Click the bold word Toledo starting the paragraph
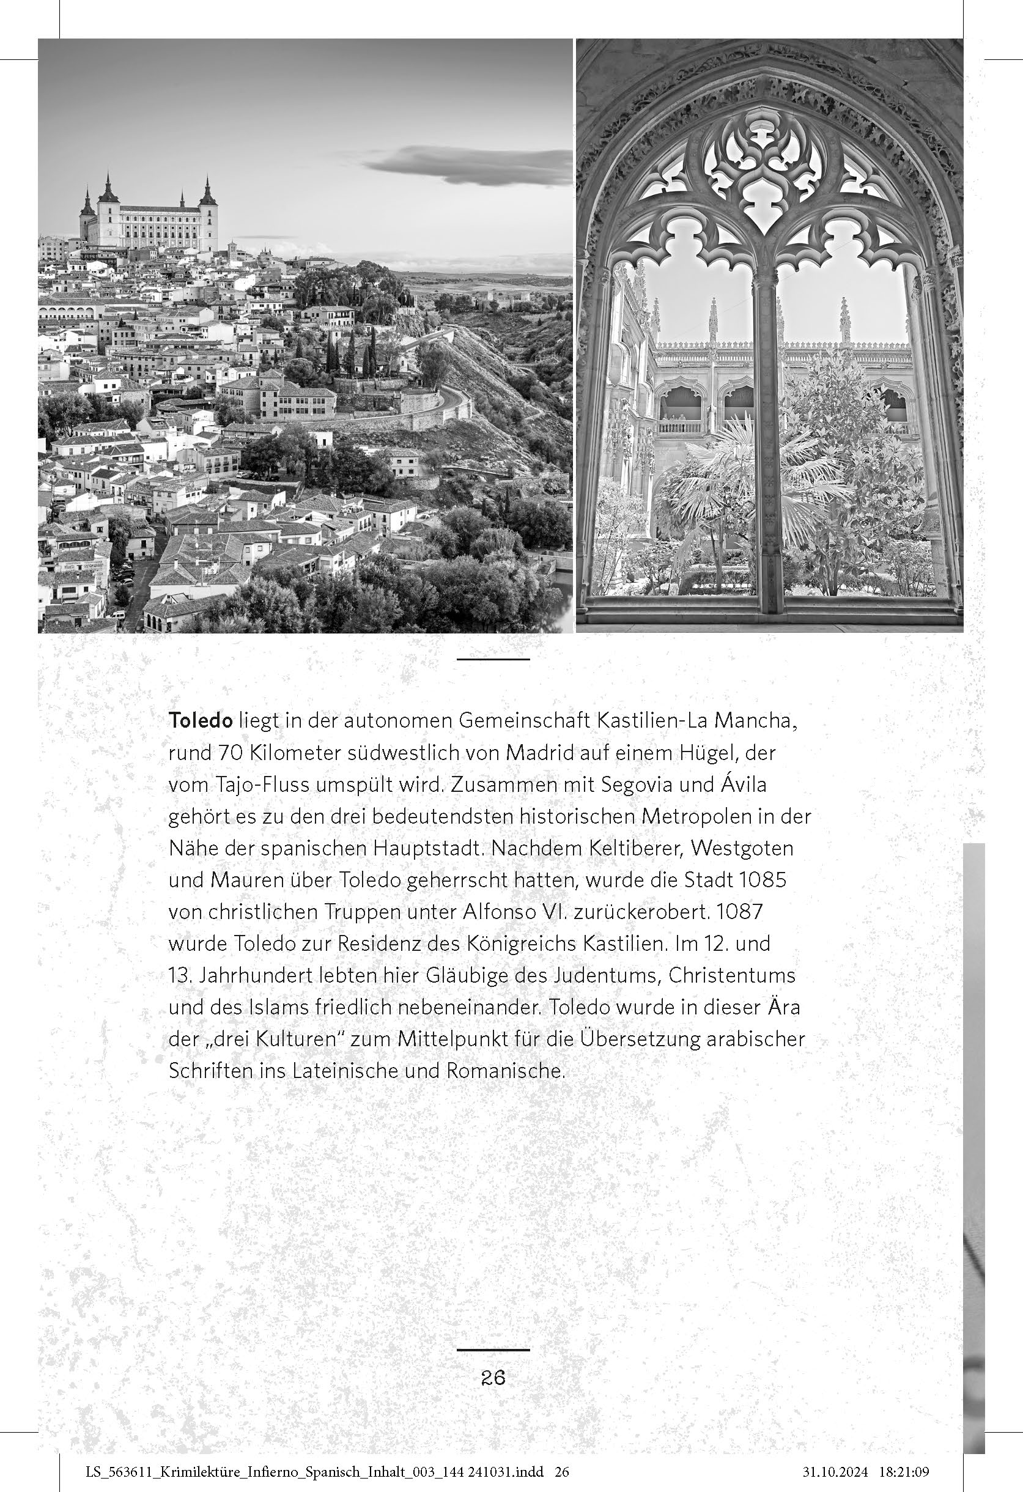coord(201,721)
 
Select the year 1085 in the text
coord(763,879)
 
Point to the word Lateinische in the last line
coord(348,1071)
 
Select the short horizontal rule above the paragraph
coord(493,659)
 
